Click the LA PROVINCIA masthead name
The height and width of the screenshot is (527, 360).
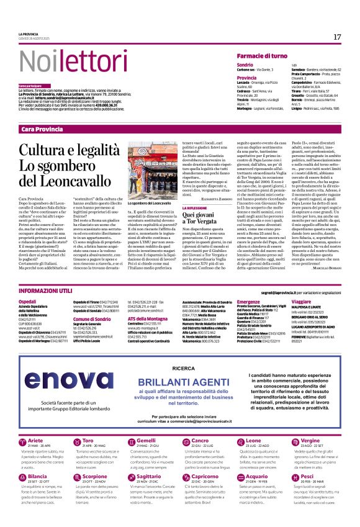tap(30, 34)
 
